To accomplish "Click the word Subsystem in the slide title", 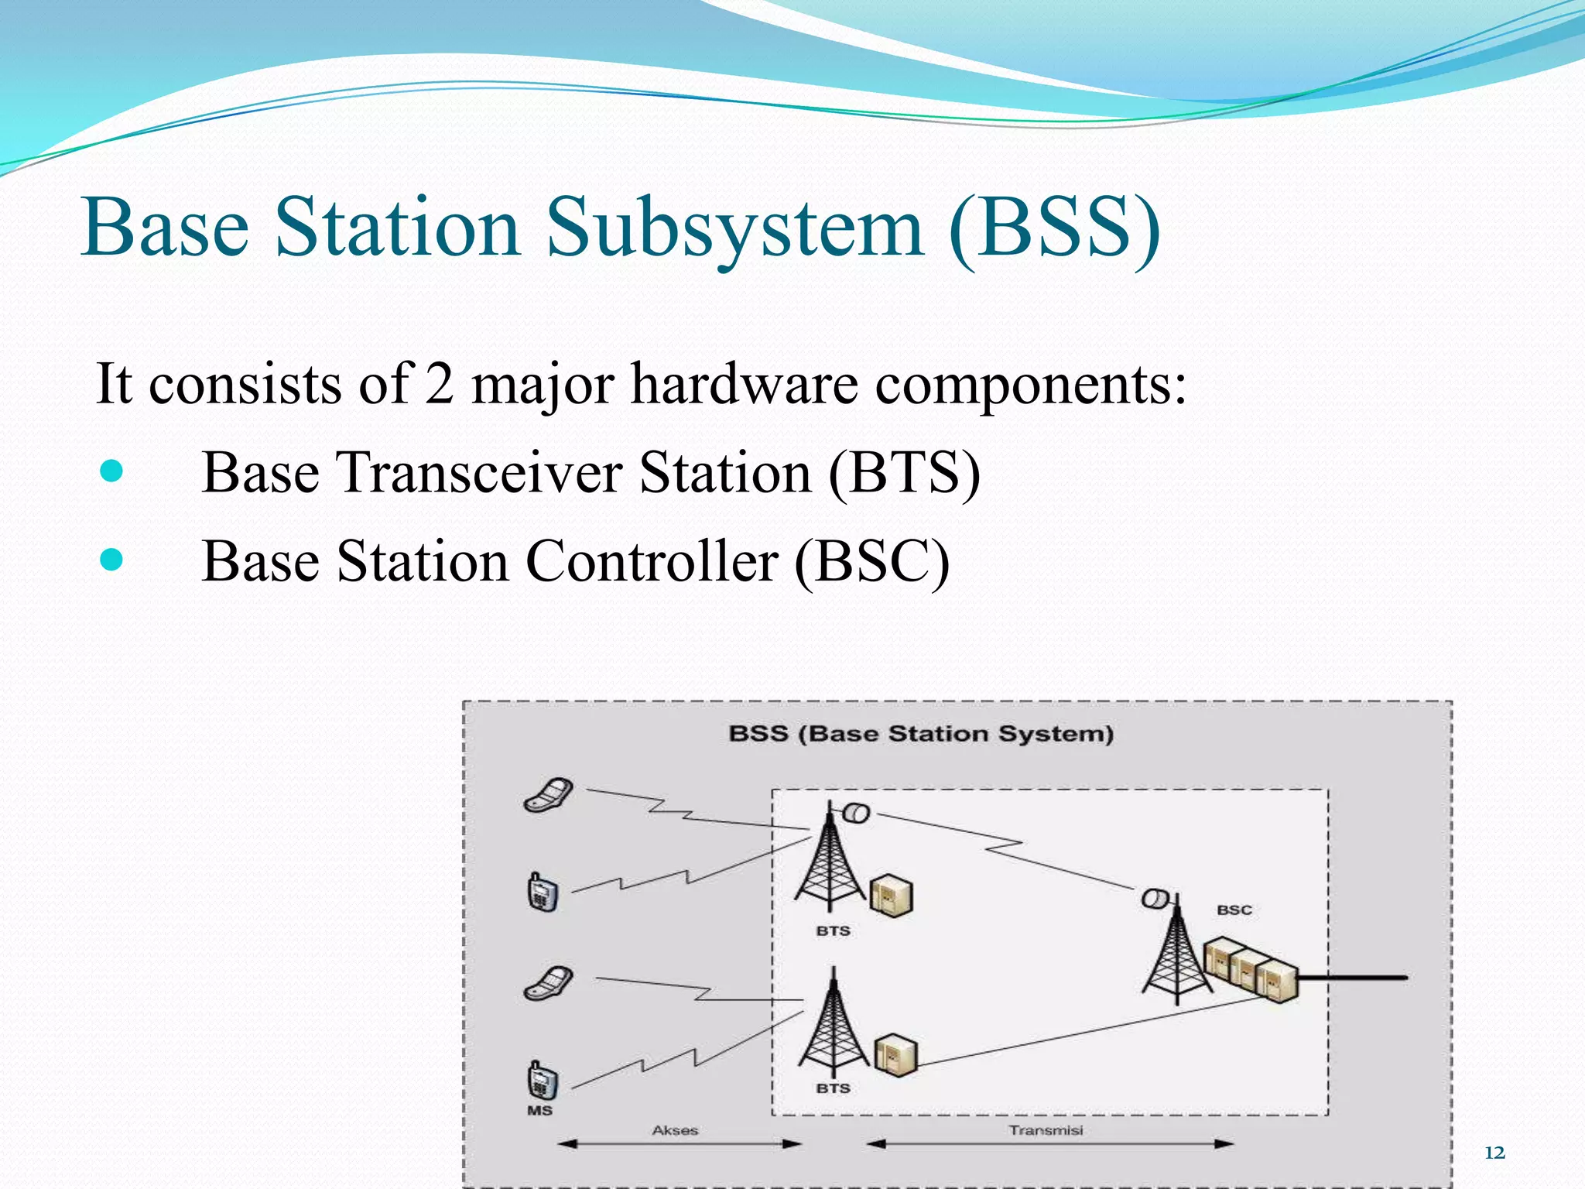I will point(735,228).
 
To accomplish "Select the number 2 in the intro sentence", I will point(439,384).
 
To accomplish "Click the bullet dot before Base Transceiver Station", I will point(112,471).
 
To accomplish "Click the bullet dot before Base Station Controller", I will point(112,559).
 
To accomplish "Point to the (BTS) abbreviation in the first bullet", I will point(904,472).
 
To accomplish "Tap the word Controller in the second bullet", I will point(652,560).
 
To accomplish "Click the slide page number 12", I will point(1494,1153).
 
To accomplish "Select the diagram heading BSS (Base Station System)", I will point(921,733).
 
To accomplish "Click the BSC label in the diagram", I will point(1234,910).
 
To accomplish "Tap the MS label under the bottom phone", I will point(539,1110).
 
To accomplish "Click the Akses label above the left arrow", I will point(675,1130).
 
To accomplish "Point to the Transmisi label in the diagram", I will point(1046,1130).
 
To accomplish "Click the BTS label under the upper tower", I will point(833,930).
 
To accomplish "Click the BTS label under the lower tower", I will point(833,1088).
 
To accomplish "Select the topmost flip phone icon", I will point(549,795).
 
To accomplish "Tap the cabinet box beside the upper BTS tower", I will point(892,896).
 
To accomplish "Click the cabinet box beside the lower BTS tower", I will point(895,1055).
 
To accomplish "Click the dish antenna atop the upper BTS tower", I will point(856,813).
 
